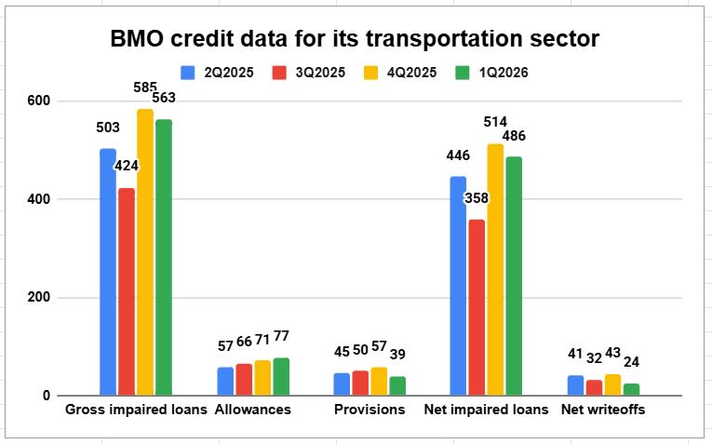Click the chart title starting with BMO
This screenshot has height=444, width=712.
tap(356, 39)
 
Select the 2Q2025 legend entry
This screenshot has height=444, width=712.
tap(213, 72)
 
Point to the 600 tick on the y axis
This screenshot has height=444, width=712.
tap(40, 101)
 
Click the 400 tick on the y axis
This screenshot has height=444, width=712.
tap(40, 199)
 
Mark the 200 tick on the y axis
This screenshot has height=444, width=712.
tap(40, 298)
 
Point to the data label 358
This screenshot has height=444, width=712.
tap(477, 198)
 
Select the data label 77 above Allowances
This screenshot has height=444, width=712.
tap(282, 336)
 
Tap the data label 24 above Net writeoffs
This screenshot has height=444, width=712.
tap(632, 361)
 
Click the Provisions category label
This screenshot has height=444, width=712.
tap(369, 410)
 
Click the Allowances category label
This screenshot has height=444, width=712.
tap(252, 410)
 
